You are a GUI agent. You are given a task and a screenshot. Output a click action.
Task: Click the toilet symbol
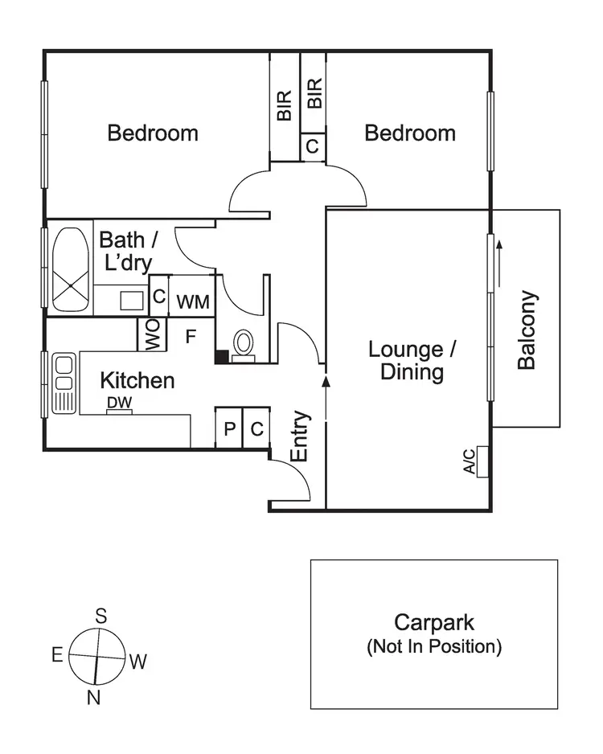(x=243, y=344)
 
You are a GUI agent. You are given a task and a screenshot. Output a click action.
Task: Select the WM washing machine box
(x=193, y=302)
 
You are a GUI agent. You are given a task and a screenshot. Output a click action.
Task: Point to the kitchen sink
(x=63, y=383)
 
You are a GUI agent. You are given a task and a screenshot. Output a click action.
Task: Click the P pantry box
(x=229, y=428)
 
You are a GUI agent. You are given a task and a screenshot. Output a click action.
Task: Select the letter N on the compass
(x=93, y=698)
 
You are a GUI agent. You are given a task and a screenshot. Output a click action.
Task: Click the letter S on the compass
(x=101, y=617)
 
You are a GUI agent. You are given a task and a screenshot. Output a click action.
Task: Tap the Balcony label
(x=527, y=330)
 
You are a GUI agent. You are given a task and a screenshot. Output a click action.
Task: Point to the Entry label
(x=299, y=436)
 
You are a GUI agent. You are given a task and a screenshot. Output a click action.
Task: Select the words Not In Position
(x=433, y=646)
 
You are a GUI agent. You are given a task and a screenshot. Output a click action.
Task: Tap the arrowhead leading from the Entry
(x=326, y=380)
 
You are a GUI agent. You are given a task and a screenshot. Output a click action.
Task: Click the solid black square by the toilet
(x=221, y=355)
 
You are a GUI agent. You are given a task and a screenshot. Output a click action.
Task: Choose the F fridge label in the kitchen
(x=191, y=336)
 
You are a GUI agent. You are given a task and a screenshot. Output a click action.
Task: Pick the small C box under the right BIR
(x=313, y=146)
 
